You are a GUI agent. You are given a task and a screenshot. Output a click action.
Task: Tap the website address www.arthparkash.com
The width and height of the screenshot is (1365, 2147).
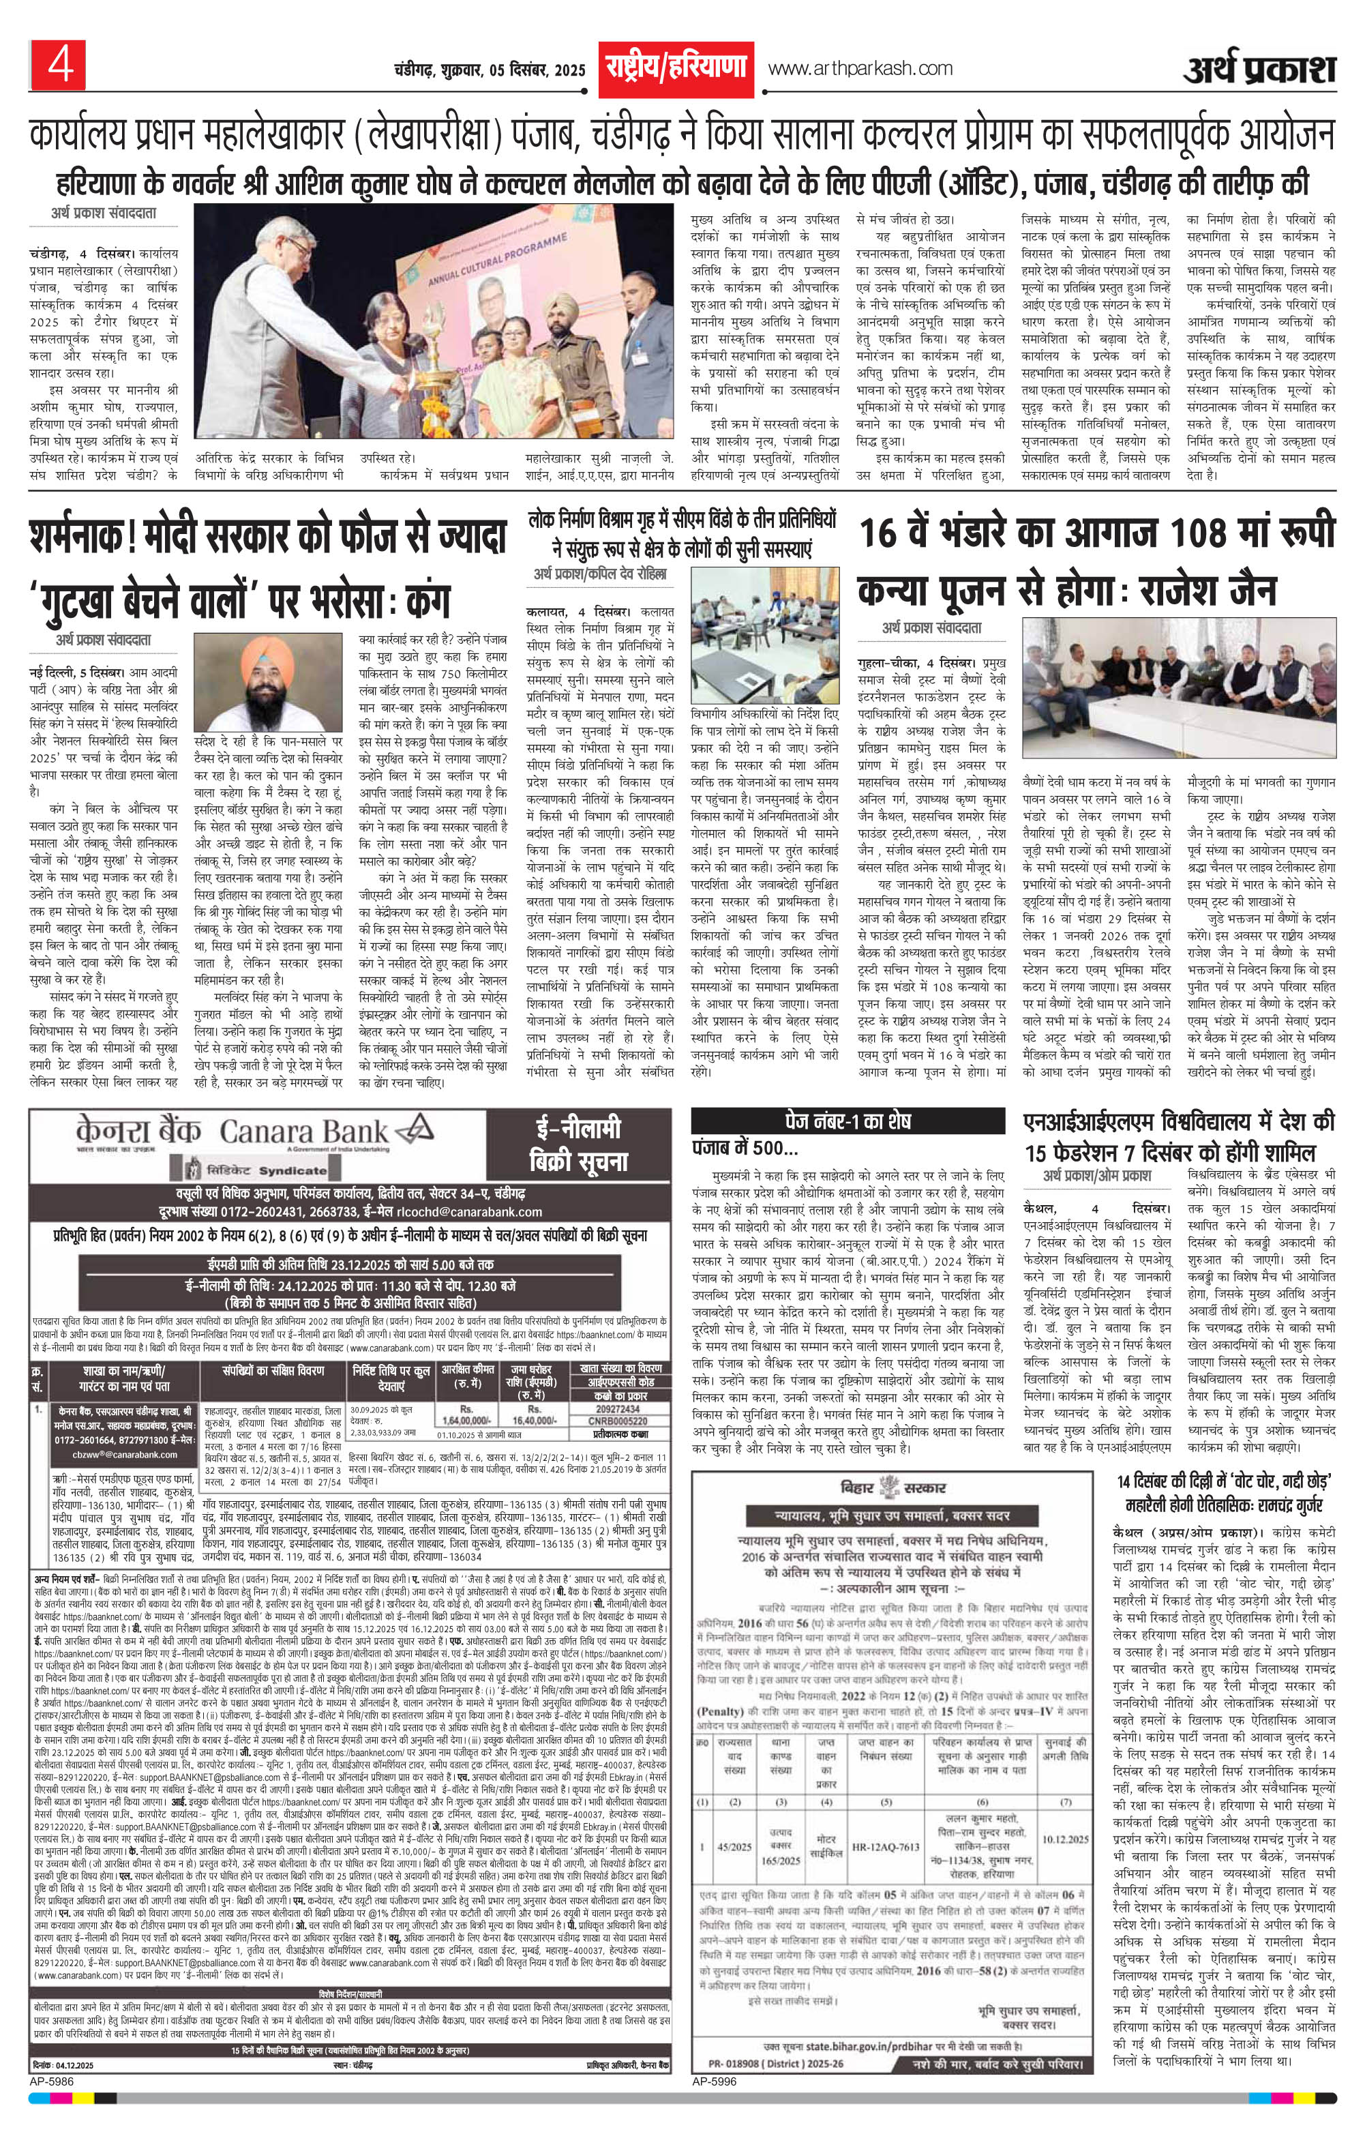click(860, 68)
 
